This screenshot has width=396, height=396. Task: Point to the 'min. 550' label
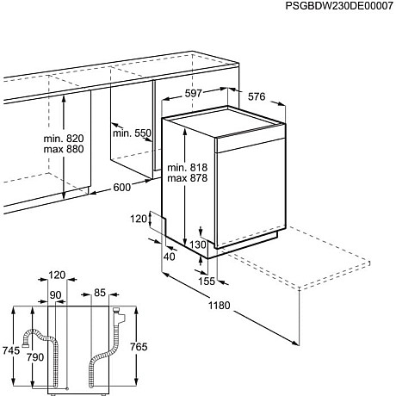[x=131, y=133]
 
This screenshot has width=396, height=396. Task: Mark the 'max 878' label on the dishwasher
[x=189, y=179]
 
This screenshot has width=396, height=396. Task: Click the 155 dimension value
[x=207, y=281]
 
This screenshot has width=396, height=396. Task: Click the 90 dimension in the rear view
[x=56, y=294]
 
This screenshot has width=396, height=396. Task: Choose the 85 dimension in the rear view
[x=100, y=294]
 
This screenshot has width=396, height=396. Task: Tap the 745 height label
[x=10, y=350]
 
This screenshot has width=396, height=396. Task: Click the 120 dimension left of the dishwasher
[x=140, y=220]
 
